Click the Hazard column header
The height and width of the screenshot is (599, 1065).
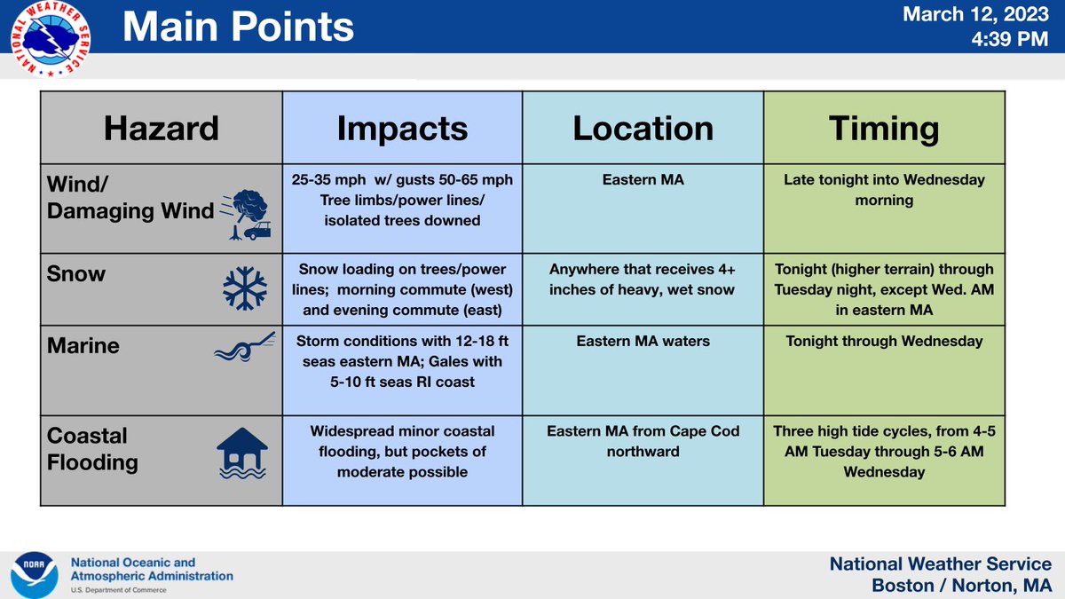(161, 128)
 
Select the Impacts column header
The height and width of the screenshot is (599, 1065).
(402, 128)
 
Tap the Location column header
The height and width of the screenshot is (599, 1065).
(643, 128)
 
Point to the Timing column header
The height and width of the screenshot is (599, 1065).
(884, 128)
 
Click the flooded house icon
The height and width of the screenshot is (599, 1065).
(241, 453)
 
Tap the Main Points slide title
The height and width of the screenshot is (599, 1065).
(238, 28)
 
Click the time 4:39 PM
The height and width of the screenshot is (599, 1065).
(1012, 41)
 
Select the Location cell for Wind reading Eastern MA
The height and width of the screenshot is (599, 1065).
(643, 180)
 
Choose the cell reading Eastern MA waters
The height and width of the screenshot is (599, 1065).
(643, 342)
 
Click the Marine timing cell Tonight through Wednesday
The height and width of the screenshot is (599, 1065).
(884, 342)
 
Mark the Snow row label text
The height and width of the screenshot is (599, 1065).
(78, 273)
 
